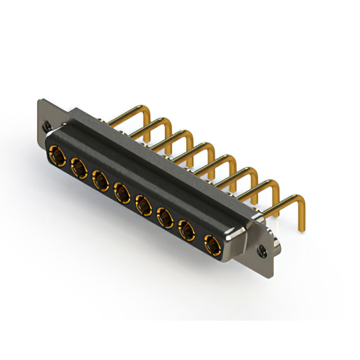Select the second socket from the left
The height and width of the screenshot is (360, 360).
coord(78,166)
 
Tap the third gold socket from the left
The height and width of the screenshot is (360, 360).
coord(100,180)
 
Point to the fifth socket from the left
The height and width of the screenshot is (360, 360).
coord(143,205)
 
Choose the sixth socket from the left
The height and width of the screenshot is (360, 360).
coord(165,218)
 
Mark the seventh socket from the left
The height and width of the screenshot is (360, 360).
coord(187,231)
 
